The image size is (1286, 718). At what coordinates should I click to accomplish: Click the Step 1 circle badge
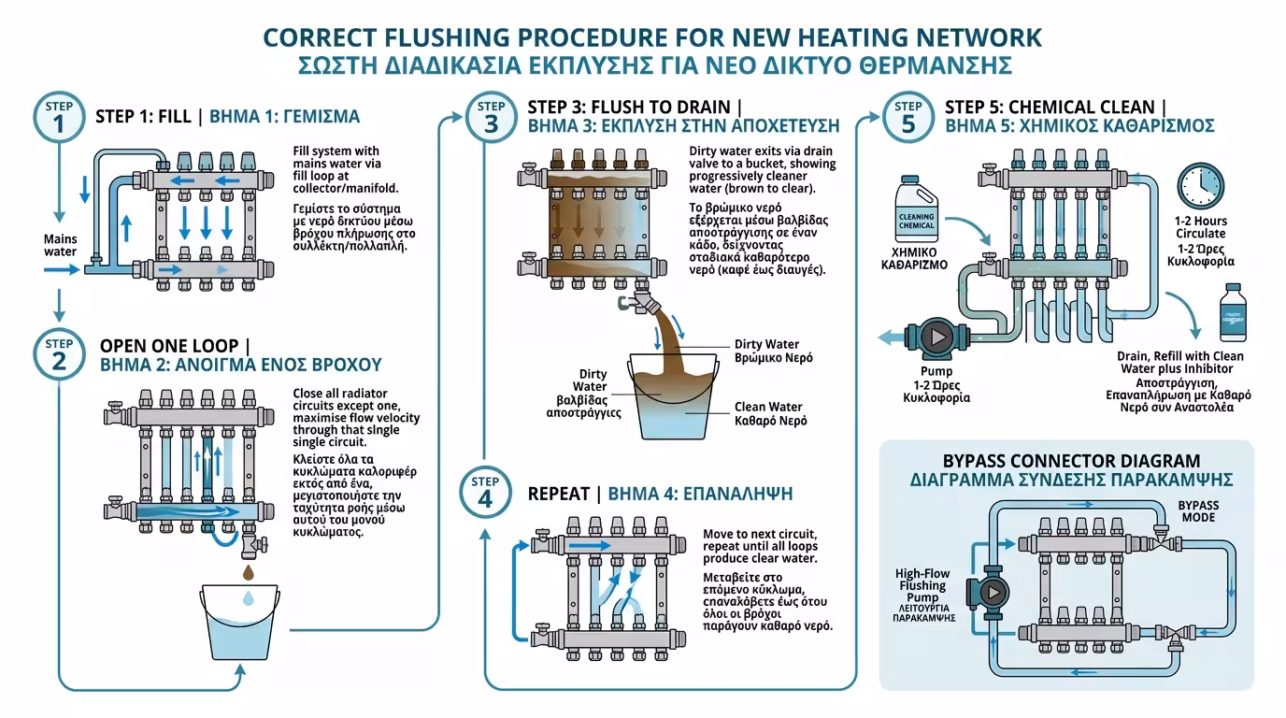58,118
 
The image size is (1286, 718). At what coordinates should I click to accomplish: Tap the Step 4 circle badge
484,493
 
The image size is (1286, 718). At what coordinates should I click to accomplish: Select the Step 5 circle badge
907,118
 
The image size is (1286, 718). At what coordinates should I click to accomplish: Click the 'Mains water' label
61,245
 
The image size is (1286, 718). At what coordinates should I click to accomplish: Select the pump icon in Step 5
938,336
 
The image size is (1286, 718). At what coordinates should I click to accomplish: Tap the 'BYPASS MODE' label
1197,511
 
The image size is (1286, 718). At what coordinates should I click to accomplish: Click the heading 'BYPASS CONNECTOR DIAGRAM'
1071,461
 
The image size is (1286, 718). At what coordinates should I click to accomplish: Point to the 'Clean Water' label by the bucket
768,407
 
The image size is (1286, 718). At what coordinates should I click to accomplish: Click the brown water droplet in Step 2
248,571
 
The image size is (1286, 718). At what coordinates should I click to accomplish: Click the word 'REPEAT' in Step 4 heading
558,494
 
